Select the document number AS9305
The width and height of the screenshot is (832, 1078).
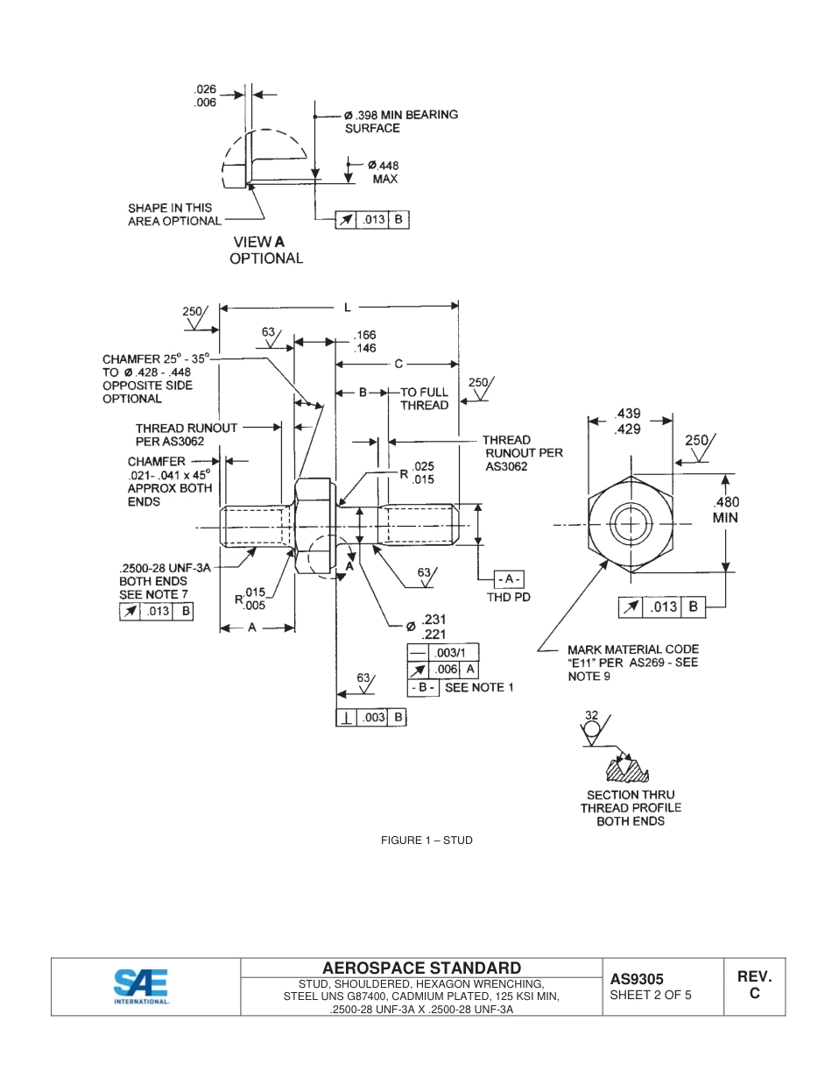(x=637, y=979)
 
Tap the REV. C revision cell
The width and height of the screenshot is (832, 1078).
(x=754, y=985)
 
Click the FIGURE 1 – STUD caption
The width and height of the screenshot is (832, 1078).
(x=427, y=840)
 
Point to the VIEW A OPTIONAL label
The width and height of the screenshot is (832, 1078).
(x=266, y=250)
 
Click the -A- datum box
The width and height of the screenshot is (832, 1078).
(x=509, y=578)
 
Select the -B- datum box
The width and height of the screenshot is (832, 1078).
(x=423, y=688)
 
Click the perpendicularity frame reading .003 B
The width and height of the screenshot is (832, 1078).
(x=372, y=717)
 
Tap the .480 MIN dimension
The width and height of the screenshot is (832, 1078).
(x=725, y=510)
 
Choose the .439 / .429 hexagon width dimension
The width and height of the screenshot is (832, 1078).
(x=627, y=421)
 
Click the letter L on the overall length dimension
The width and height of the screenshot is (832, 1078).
(x=348, y=307)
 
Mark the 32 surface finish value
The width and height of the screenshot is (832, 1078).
(x=591, y=715)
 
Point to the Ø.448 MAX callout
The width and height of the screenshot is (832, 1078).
(x=384, y=172)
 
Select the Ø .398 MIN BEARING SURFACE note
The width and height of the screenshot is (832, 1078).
(x=401, y=121)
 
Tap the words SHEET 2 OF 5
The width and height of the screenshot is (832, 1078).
(x=651, y=995)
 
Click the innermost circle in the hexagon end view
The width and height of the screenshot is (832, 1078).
(x=629, y=525)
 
